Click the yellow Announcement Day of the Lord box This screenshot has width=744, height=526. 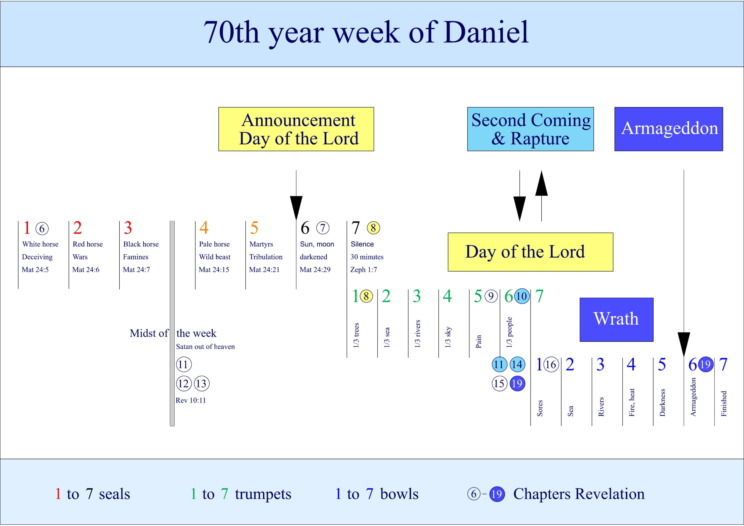(x=296, y=129)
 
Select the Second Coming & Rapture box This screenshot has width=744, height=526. (x=530, y=129)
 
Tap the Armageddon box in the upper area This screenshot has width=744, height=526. (x=669, y=129)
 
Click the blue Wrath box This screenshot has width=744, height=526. (x=616, y=319)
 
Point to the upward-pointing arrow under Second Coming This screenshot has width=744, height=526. (x=541, y=194)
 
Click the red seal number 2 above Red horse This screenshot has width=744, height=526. (x=77, y=228)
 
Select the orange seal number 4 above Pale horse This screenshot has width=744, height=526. (x=204, y=228)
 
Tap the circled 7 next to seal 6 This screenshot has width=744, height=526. (x=323, y=228)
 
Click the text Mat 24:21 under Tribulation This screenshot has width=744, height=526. (x=264, y=269)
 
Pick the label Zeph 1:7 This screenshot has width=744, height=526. (x=363, y=269)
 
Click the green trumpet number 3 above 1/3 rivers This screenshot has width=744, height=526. (x=416, y=296)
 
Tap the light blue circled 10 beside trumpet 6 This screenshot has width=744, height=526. (x=522, y=296)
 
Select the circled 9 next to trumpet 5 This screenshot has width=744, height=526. (x=491, y=296)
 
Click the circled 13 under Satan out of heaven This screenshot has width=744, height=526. (x=201, y=384)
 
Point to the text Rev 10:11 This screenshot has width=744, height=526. (x=191, y=400)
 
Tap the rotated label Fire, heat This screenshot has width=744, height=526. (x=631, y=402)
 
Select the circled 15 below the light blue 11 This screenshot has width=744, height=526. (x=499, y=384)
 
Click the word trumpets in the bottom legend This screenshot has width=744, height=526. (x=263, y=494)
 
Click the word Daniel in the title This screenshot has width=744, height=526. (x=486, y=32)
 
